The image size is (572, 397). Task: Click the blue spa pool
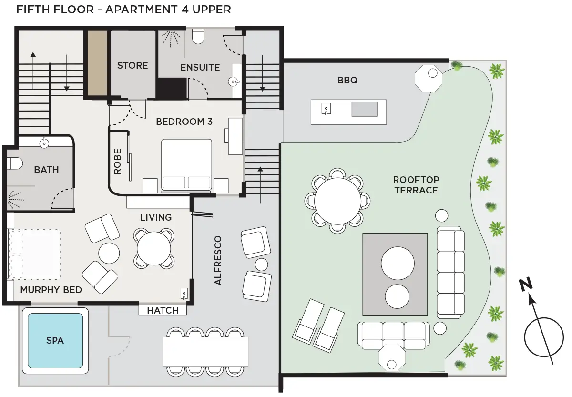tap(55, 341)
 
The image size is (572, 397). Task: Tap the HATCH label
tap(163, 310)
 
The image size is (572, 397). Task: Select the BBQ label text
tap(347, 80)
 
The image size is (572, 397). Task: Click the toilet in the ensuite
tap(198, 36)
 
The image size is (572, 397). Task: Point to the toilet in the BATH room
tap(14, 163)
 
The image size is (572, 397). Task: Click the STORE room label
tap(133, 65)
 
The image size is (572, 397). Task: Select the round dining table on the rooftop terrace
tap(337, 201)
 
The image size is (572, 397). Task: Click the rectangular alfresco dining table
tap(205, 352)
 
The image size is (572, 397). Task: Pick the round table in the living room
tap(153, 248)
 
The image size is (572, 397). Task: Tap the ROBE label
tap(117, 162)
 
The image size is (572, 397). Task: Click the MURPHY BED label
tap(51, 290)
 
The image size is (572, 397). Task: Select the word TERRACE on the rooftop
tap(416, 191)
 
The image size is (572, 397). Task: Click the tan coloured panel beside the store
tap(97, 63)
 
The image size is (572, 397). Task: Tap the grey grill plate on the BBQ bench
tap(364, 109)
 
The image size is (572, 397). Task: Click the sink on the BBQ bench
tap(326, 109)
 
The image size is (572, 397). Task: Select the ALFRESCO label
tap(218, 260)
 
